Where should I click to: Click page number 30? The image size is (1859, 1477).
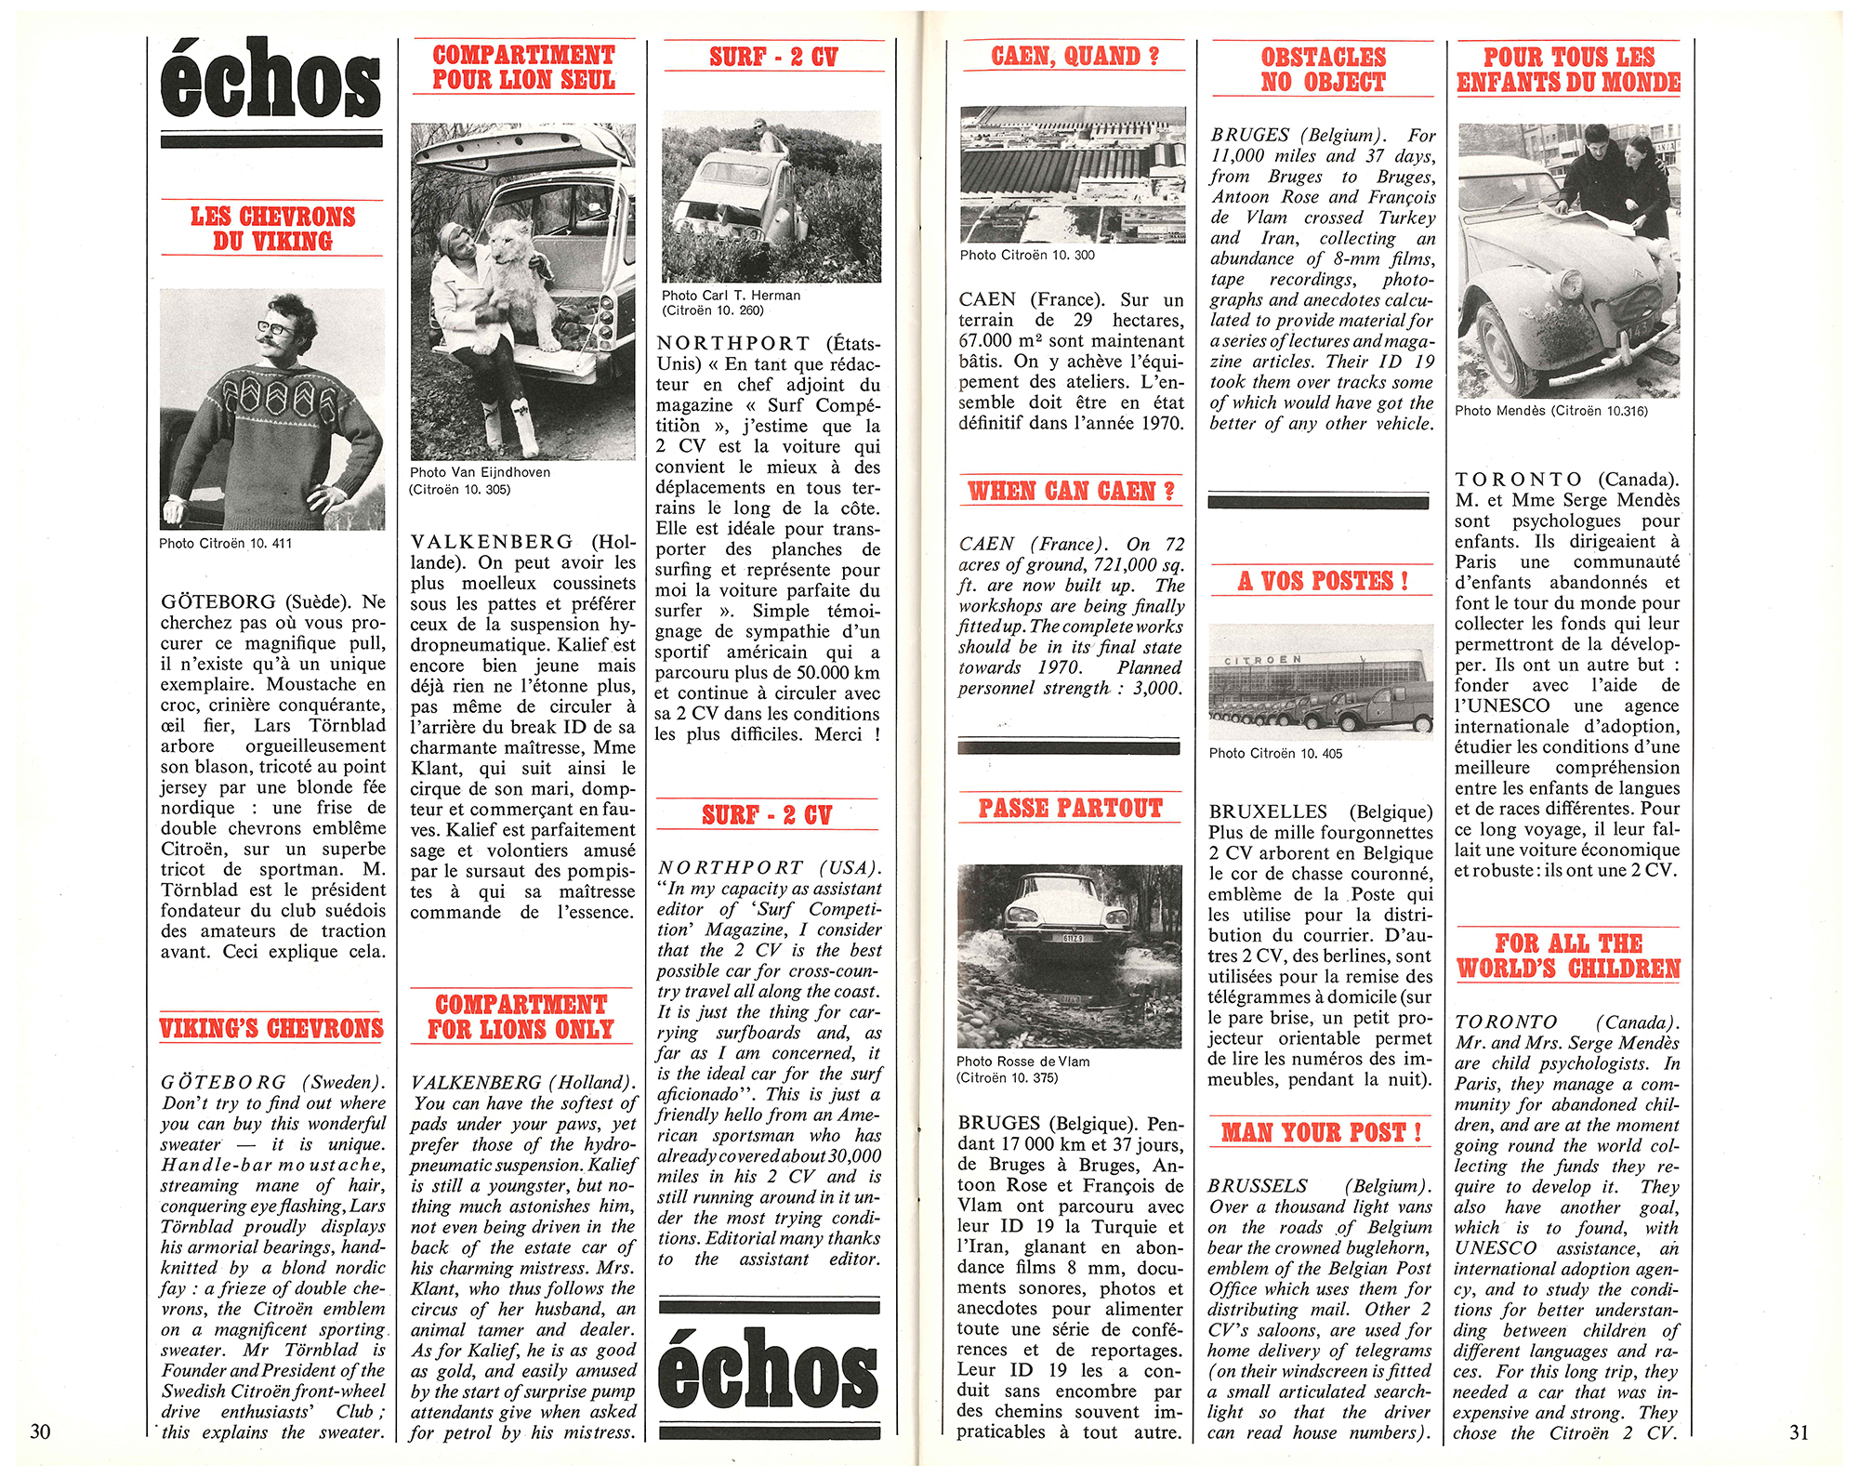(40, 1431)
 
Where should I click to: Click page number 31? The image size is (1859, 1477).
(1799, 1431)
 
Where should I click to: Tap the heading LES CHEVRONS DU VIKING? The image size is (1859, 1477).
(272, 229)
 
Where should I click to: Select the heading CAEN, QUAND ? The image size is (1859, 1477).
(1075, 56)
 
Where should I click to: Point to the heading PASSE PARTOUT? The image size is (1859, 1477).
(1070, 808)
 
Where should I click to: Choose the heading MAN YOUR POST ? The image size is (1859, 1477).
(1321, 1132)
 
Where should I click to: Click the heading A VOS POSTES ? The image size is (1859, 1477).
(1322, 581)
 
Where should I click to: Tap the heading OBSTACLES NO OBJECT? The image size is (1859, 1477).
(1323, 70)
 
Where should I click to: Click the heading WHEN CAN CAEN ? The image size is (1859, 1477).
(1071, 491)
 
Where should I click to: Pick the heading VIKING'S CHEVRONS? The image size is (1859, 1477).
(271, 1028)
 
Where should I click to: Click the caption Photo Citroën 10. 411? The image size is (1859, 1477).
(225, 543)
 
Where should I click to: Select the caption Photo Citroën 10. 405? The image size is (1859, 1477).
(1275, 753)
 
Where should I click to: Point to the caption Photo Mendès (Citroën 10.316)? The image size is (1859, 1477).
(1550, 411)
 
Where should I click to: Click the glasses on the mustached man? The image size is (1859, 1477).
(275, 328)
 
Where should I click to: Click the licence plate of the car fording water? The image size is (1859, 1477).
(1072, 939)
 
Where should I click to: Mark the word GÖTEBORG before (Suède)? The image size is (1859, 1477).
(218, 601)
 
